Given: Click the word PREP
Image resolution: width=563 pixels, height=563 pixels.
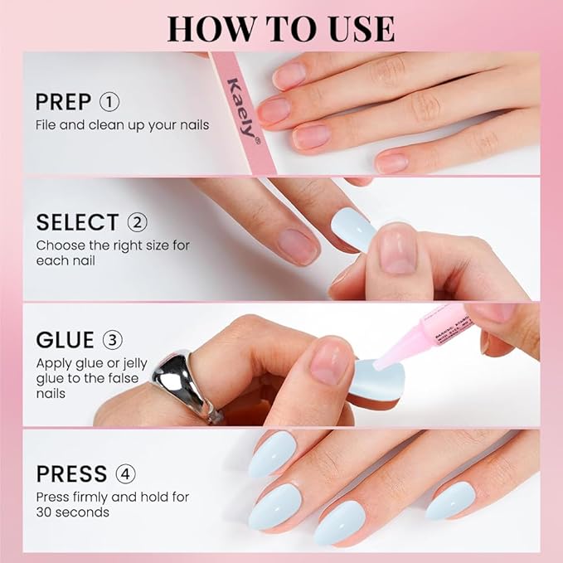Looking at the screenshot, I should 63,102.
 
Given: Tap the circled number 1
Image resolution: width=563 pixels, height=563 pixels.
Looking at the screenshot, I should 109,102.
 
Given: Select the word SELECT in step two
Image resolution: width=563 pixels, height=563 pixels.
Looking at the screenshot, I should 77,222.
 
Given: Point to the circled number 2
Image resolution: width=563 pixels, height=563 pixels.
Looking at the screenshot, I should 138,222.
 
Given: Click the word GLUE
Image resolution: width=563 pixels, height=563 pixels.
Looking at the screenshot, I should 65,341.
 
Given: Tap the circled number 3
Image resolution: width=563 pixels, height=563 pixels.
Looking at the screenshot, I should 113,341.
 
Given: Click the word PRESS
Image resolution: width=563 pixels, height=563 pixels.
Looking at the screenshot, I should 71,474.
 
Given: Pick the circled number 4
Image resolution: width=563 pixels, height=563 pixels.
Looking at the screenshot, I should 126,474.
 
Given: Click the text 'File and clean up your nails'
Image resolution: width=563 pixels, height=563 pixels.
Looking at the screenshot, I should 122,125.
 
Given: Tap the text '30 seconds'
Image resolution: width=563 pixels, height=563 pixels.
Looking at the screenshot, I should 72,512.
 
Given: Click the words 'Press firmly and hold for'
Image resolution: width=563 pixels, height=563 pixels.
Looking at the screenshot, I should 112,497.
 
